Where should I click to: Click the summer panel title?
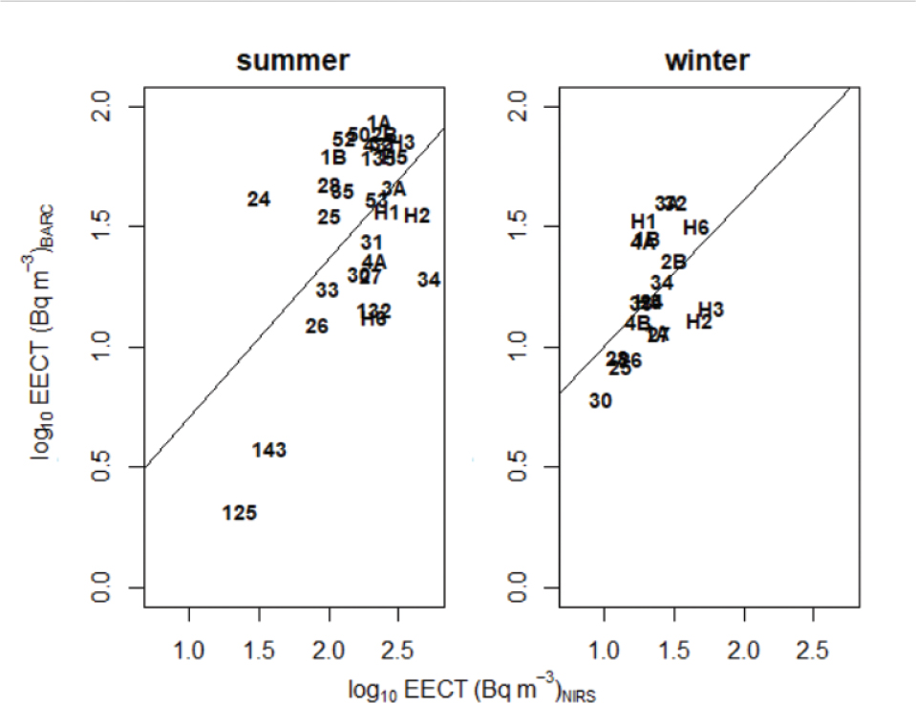click(293, 61)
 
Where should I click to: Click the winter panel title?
click(707, 61)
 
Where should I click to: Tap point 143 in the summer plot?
click(269, 450)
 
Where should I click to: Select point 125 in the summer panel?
click(240, 513)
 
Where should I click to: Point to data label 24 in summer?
click(259, 200)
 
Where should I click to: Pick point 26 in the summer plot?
click(317, 327)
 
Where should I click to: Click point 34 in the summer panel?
click(429, 280)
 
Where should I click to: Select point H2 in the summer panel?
click(416, 216)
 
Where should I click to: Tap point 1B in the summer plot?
click(333, 158)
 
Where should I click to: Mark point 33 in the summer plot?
click(327, 289)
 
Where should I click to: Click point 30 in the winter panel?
click(600, 401)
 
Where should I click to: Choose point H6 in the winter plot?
click(695, 227)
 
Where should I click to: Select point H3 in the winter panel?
click(711, 310)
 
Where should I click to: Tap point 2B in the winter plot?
click(673, 262)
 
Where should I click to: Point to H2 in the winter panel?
click(699, 323)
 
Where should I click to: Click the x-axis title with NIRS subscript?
click(474, 686)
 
